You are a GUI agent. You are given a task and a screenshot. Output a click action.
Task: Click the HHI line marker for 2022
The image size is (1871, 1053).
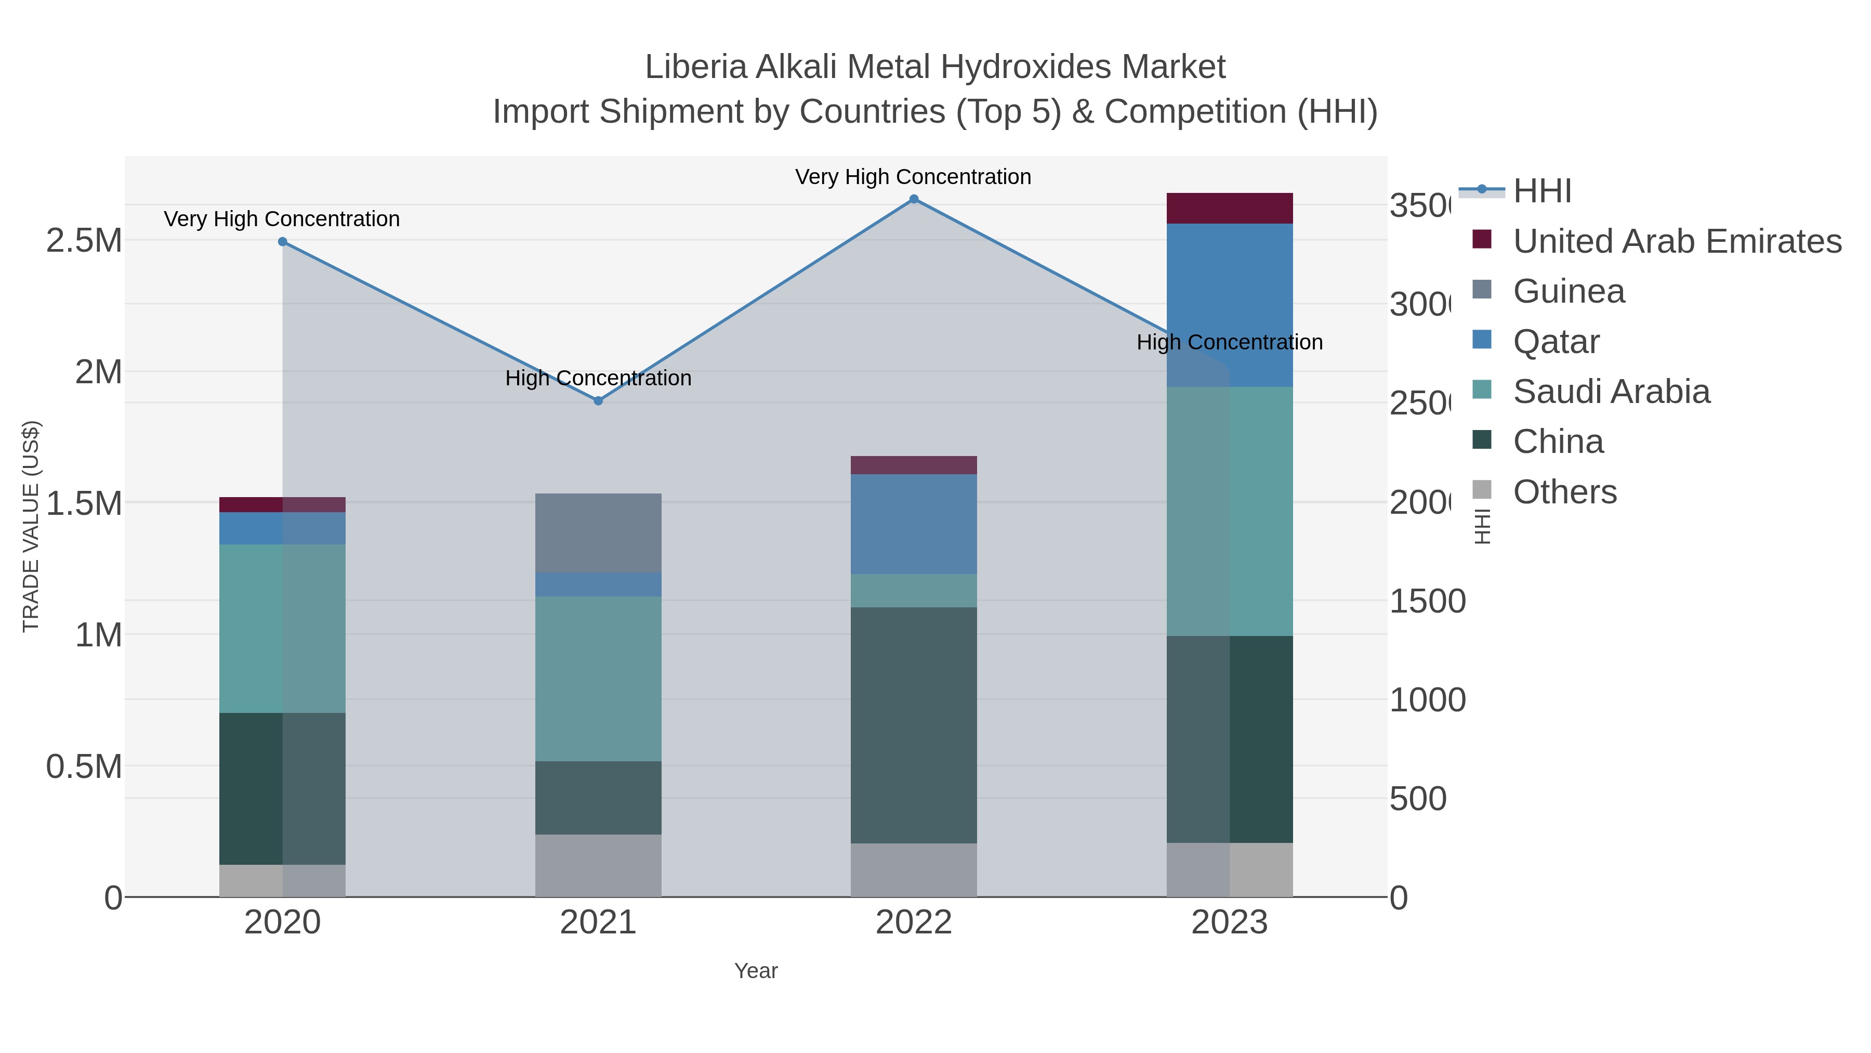(914, 199)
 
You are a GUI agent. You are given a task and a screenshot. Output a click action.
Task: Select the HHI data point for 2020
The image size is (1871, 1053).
(283, 242)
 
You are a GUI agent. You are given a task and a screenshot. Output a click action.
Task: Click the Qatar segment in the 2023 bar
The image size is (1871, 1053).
(1229, 305)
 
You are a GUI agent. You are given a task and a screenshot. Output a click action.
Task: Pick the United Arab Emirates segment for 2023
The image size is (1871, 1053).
(1229, 209)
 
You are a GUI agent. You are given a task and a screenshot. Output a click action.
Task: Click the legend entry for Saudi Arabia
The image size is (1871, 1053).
(1611, 392)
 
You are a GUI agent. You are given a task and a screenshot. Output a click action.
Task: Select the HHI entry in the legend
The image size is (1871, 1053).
(1541, 191)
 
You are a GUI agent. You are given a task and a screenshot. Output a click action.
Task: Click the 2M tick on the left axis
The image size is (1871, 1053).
(98, 372)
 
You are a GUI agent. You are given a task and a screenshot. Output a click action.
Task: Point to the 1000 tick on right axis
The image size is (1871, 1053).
(1427, 700)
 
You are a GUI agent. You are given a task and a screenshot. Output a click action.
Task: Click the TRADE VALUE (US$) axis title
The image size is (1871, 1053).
(31, 526)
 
